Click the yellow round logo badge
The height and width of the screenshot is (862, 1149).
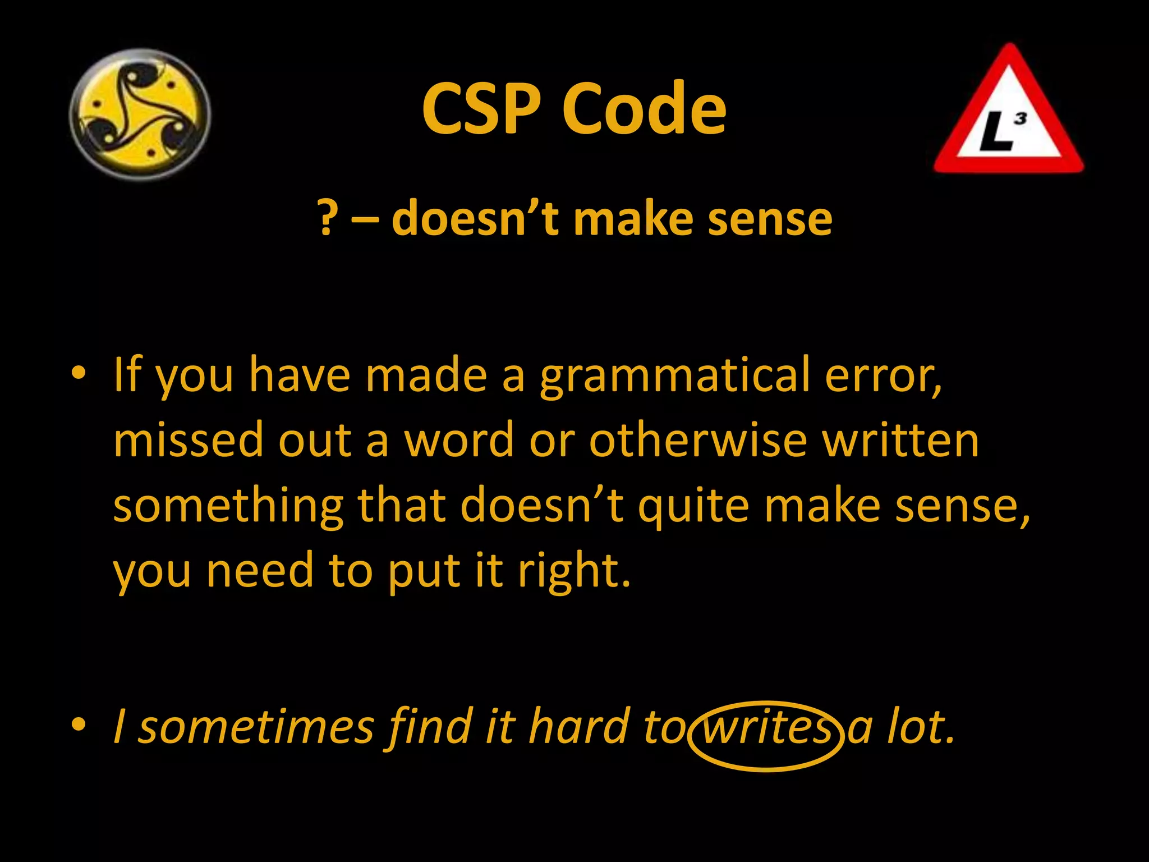pyautogui.click(x=140, y=114)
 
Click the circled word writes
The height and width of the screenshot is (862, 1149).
pyautogui.click(x=766, y=727)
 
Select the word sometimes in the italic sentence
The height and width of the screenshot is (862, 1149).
pyautogui.click(x=256, y=727)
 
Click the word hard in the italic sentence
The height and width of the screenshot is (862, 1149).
pyautogui.click(x=578, y=727)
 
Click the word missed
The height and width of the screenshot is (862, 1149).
pyautogui.click(x=189, y=441)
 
